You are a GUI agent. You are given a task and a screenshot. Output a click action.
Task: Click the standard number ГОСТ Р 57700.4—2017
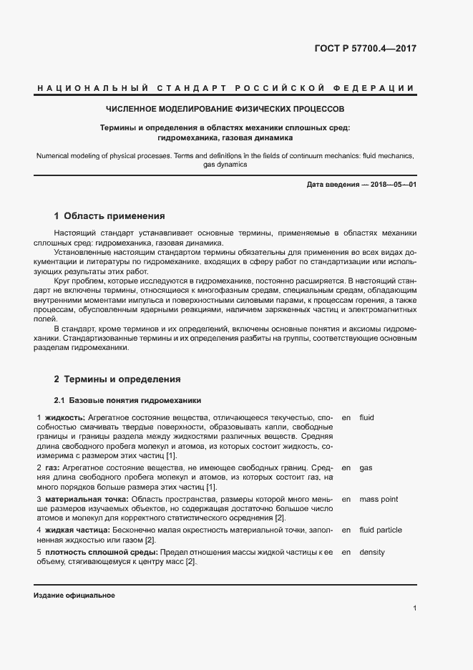[365, 49]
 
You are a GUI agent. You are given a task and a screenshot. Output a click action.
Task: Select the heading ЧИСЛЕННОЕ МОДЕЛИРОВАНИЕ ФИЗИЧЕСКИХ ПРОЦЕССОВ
[225, 110]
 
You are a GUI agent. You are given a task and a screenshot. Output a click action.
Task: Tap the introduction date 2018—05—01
[392, 185]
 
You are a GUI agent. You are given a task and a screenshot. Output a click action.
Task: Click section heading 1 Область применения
[109, 215]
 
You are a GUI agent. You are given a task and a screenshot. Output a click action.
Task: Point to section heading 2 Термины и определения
[117, 379]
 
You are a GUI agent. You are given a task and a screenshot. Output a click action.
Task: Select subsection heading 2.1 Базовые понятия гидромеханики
[128, 400]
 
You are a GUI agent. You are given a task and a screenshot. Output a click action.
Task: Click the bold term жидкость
[65, 417]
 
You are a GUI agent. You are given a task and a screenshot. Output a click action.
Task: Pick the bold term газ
[51, 467]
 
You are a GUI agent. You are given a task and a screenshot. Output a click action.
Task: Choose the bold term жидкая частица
[74, 530]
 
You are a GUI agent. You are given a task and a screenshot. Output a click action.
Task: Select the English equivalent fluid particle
[381, 530]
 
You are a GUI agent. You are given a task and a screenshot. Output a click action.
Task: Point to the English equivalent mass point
[379, 499]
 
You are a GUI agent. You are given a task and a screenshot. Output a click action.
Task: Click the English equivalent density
[371, 553]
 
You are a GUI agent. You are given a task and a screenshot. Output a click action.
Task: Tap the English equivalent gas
[366, 467]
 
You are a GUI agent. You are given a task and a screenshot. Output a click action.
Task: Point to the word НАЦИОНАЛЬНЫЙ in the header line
[93, 88]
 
